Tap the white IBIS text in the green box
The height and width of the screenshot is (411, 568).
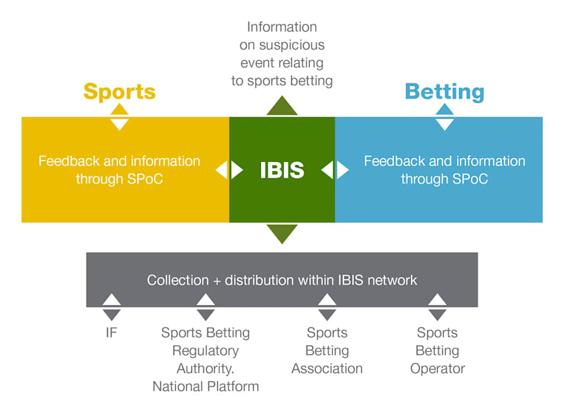coord(282,170)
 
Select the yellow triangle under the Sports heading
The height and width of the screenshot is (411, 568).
coord(119,110)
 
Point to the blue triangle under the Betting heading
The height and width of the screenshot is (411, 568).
coord(444,110)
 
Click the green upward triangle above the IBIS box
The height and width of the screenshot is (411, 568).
coord(282,106)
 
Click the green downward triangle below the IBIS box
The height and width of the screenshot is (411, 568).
coord(282,233)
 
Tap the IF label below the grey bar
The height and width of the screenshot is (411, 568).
coord(111,332)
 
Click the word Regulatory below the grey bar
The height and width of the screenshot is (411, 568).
coord(205,351)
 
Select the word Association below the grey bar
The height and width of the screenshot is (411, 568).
coord(327,369)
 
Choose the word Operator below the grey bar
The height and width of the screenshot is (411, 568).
coord(437,369)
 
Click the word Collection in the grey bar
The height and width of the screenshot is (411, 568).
coord(176,280)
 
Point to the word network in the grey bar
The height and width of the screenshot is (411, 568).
coord(392,280)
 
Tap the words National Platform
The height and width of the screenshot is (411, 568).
coord(205,387)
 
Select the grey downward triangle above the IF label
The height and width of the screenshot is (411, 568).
coord(111,315)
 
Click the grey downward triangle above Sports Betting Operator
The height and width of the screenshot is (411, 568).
coord(437,315)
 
